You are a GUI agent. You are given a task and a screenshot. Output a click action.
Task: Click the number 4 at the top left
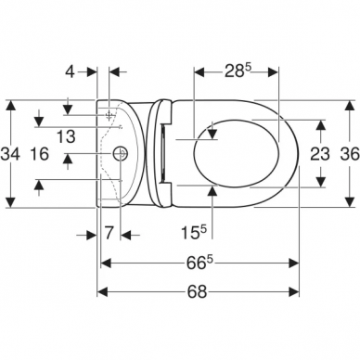coord(84,71)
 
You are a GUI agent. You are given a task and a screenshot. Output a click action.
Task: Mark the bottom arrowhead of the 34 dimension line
coord(10,204)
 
